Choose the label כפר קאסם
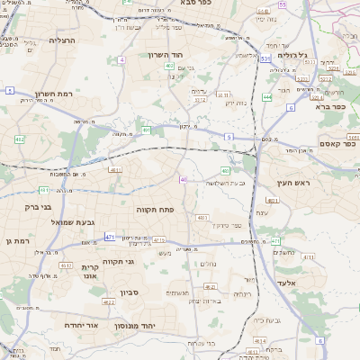point(337,143)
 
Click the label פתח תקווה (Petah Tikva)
point(155,209)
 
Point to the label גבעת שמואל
point(63,221)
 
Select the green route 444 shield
point(267,96)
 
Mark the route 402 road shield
point(169,65)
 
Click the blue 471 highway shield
point(109,237)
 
